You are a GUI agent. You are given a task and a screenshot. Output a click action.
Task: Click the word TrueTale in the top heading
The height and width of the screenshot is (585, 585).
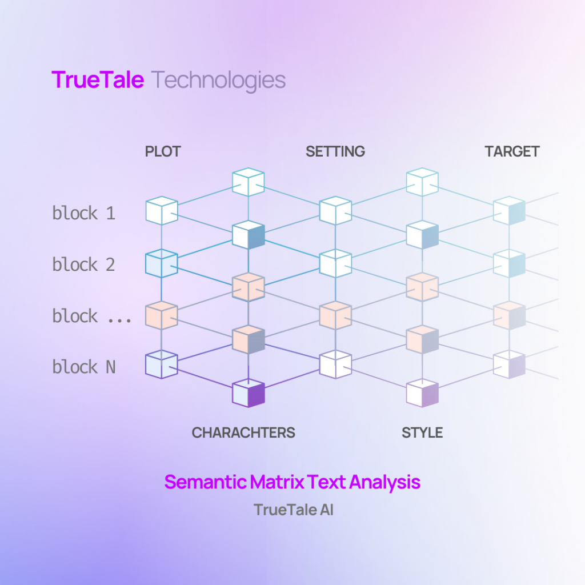tap(98, 79)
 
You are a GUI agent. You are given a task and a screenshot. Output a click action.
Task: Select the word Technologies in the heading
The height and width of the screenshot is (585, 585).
tap(219, 81)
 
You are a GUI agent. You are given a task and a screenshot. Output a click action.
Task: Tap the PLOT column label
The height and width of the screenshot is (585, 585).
tap(163, 151)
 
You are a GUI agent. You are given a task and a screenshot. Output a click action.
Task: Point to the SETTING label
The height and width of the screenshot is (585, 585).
tap(335, 151)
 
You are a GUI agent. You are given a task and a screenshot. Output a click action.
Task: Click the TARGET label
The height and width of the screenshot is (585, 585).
tap(512, 151)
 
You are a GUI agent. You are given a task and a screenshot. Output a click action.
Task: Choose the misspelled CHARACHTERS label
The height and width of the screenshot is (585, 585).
tap(243, 433)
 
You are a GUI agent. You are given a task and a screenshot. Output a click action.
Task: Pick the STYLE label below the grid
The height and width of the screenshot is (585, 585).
tap(422, 433)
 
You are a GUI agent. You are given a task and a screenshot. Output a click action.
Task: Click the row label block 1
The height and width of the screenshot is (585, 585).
tap(83, 213)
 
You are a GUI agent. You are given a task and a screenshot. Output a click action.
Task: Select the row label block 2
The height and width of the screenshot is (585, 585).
tap(83, 265)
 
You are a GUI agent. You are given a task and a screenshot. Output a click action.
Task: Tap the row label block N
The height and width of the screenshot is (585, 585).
tap(83, 367)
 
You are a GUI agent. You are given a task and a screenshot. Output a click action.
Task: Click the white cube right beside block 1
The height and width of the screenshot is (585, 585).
tap(162, 210)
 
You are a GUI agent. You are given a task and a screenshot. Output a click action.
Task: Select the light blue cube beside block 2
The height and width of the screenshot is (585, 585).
tap(162, 263)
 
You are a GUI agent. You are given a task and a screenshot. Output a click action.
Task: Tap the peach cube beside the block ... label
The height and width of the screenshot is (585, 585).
tap(162, 315)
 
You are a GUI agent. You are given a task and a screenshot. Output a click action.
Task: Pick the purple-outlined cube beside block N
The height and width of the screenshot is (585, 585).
tap(162, 364)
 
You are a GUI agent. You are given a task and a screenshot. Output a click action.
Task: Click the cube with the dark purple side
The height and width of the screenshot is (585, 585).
tap(249, 393)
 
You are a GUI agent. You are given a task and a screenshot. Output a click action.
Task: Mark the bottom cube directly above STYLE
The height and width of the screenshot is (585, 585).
tap(422, 393)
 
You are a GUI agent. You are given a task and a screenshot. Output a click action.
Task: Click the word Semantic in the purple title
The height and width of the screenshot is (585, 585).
tap(205, 482)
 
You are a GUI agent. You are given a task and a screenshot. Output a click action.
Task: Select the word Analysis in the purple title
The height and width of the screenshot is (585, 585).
tap(385, 483)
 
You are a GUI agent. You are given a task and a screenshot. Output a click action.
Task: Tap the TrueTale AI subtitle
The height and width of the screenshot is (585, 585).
tap(293, 510)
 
